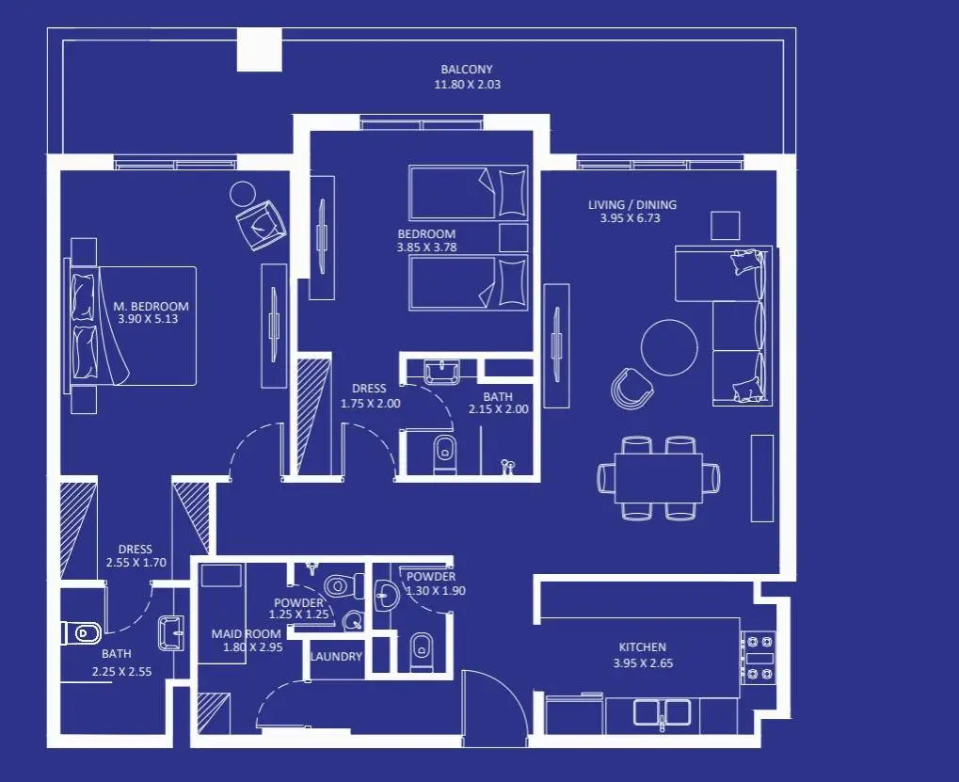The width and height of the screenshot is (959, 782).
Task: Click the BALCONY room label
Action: point(467,69)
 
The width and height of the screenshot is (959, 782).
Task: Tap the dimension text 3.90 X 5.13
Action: point(148,319)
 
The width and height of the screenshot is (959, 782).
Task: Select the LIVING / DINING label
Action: point(632,205)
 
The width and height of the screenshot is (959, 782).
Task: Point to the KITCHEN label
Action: point(642,646)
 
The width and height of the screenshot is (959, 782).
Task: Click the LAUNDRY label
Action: point(336,657)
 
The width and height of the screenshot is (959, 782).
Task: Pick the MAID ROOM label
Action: point(246,634)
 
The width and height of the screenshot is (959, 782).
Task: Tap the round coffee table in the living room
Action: point(669,347)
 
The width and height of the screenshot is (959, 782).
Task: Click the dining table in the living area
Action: point(659,477)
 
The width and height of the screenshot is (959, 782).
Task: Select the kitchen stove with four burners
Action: point(759,658)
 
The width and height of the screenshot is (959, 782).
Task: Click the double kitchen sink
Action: point(662,712)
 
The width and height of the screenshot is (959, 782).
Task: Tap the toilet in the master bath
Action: point(81,633)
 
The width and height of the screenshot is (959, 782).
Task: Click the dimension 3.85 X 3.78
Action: point(427,247)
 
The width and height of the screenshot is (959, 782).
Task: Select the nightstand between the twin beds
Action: point(514,238)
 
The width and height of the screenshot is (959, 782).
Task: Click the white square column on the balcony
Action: point(260,50)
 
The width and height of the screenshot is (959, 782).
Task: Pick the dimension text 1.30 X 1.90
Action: point(435,591)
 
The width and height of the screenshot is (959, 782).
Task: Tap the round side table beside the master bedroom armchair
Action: point(243,194)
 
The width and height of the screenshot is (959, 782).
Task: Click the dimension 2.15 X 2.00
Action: point(499,409)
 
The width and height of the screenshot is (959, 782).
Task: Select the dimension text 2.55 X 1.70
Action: point(136,563)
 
